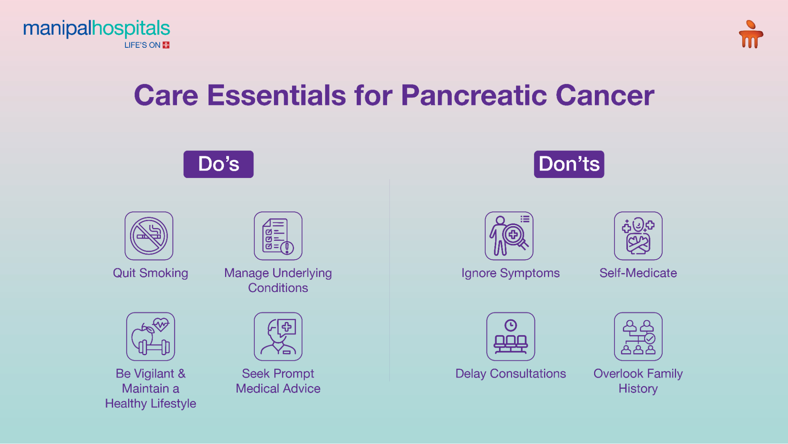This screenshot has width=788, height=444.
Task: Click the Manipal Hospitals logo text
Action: point(97,29)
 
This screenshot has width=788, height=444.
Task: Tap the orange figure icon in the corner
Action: point(751,34)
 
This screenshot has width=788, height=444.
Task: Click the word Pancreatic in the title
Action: point(474,96)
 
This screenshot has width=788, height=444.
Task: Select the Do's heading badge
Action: point(218,164)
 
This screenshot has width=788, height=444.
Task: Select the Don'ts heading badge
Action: point(569,164)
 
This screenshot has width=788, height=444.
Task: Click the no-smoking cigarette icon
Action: point(149,236)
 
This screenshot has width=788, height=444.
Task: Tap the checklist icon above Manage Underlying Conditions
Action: point(278,236)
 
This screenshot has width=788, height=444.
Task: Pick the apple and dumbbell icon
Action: point(151,337)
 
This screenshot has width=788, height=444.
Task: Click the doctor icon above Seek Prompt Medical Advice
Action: point(278,337)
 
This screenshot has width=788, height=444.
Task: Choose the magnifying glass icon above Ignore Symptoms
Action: point(509,236)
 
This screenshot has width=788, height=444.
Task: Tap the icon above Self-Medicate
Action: point(638,236)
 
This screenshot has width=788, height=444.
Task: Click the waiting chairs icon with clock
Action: point(510,337)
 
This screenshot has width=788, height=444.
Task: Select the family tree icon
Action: point(638,337)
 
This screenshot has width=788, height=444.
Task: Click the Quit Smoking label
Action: point(151,273)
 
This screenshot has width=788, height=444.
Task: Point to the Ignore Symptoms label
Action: point(510,273)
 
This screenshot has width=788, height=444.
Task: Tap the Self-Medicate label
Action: point(638,273)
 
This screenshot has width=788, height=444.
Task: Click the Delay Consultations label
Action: point(510,374)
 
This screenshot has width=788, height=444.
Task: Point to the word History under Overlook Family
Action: point(638,389)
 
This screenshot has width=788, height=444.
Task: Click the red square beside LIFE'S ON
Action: point(166,45)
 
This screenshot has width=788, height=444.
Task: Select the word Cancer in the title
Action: point(605,96)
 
